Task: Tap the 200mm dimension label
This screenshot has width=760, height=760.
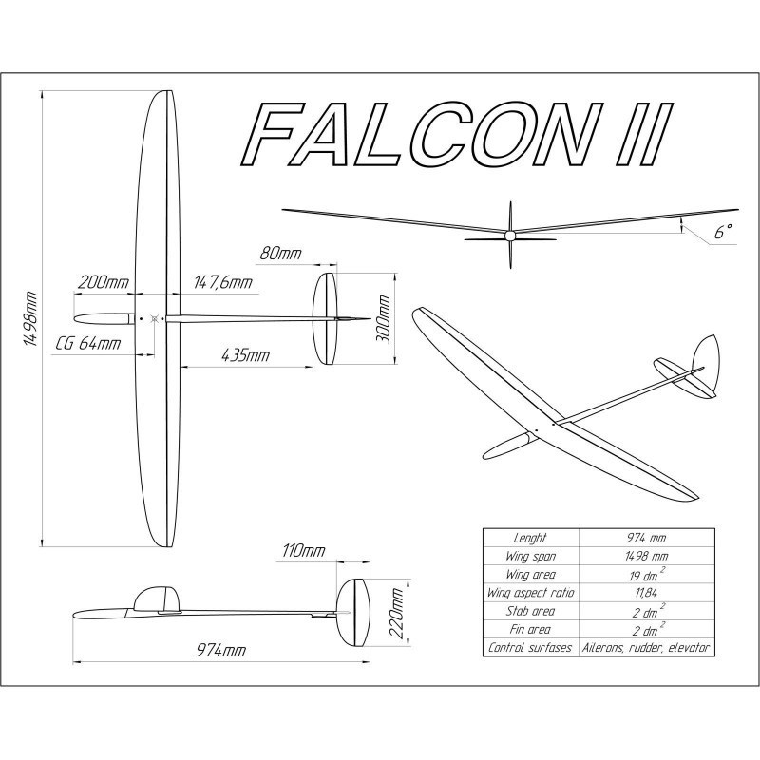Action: (104, 283)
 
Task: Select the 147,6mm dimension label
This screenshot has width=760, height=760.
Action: (222, 283)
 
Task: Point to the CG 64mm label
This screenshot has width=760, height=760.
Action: (88, 343)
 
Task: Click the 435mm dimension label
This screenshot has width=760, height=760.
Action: (244, 355)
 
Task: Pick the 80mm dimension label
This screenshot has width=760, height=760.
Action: (278, 255)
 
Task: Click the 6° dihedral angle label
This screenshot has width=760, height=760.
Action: (724, 231)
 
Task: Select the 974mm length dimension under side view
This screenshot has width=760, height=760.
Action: (221, 650)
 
